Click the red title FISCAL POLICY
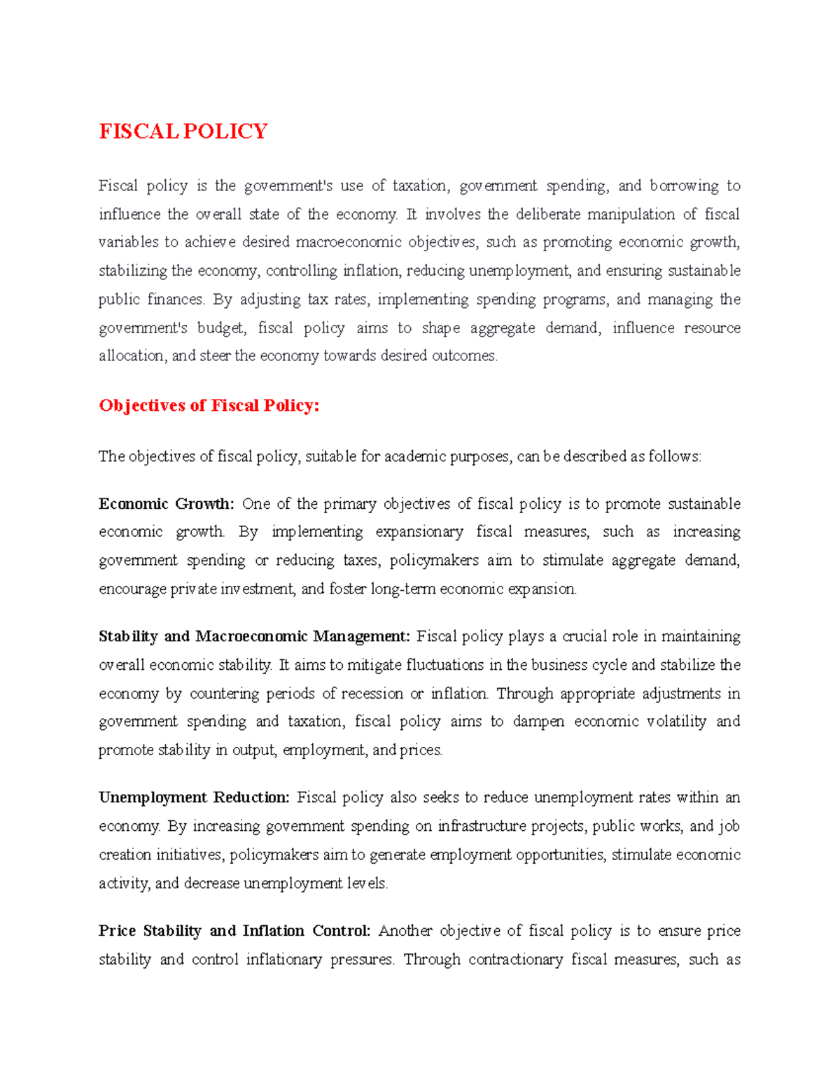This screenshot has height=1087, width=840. click(183, 132)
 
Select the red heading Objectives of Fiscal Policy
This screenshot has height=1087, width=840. click(209, 406)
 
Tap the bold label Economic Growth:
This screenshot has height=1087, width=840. click(166, 504)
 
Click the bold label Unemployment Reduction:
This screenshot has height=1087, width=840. click(194, 797)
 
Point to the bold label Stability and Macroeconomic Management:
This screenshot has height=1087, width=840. click(254, 636)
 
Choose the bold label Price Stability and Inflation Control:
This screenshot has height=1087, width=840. click(234, 931)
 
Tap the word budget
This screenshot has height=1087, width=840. click(221, 328)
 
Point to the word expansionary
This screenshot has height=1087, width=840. click(419, 532)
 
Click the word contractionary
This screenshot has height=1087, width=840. click(515, 960)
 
